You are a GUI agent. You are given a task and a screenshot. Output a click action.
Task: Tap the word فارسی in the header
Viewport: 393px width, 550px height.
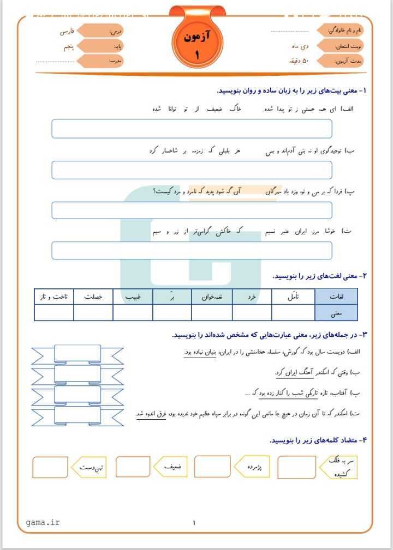[69, 32]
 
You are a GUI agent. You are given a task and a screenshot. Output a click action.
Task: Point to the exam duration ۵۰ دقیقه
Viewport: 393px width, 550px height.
[298, 61]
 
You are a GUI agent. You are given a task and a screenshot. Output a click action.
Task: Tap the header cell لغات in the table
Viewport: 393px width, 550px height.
[336, 297]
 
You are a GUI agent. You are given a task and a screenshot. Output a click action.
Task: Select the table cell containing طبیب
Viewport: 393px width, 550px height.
[133, 297]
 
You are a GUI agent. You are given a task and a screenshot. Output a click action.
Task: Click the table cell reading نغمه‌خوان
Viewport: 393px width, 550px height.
[212, 297]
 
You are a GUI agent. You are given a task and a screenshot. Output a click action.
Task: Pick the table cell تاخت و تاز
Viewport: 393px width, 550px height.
[53, 297]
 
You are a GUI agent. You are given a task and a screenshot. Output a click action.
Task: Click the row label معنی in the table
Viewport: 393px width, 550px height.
[336, 313]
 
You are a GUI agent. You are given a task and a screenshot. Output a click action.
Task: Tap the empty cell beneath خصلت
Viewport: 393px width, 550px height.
[93, 313]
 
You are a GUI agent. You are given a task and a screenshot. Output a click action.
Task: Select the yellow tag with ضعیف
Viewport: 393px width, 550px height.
[174, 467]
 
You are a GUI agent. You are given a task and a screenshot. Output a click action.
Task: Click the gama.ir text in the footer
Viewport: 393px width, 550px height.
[43, 523]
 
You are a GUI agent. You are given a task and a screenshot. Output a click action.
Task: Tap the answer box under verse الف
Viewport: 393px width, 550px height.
[192, 129]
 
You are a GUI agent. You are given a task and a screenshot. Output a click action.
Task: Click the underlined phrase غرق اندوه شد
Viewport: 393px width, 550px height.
[151, 414]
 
